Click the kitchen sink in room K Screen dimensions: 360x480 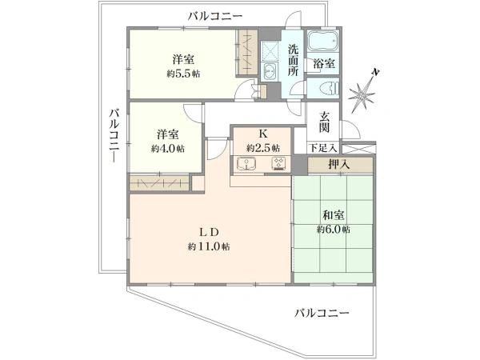[246, 166]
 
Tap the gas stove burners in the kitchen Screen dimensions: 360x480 [279, 166]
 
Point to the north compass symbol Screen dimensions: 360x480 [365, 94]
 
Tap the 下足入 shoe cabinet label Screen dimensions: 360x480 [322, 148]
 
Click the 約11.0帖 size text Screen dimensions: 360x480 [209, 247]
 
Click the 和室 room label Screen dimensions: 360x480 [334, 214]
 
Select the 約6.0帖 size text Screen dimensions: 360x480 [334, 229]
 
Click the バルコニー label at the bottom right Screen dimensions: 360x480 [322, 311]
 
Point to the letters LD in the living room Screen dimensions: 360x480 [209, 233]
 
